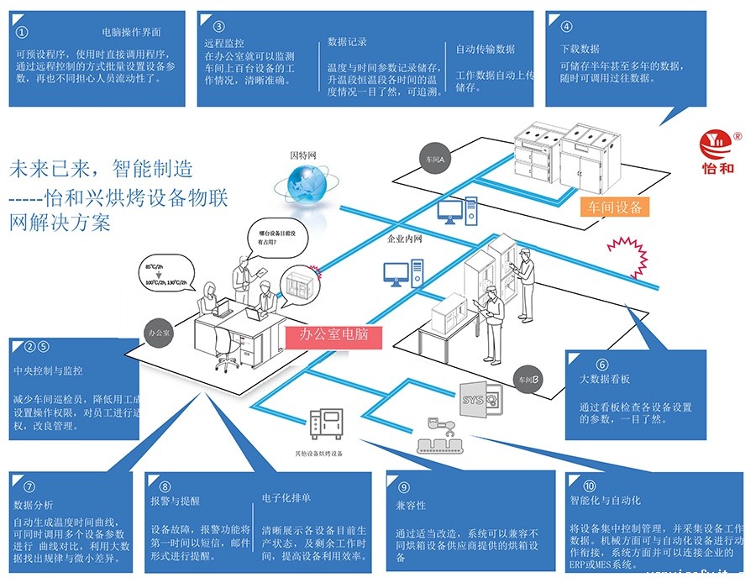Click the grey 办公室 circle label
pyautogui.click(x=157, y=332)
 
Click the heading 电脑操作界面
pyautogui.click(x=131, y=32)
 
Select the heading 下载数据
pyautogui.click(x=580, y=49)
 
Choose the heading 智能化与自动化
pyautogui.click(x=605, y=500)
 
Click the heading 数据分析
pyautogui.click(x=34, y=505)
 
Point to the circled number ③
pyautogui.click(x=219, y=26)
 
